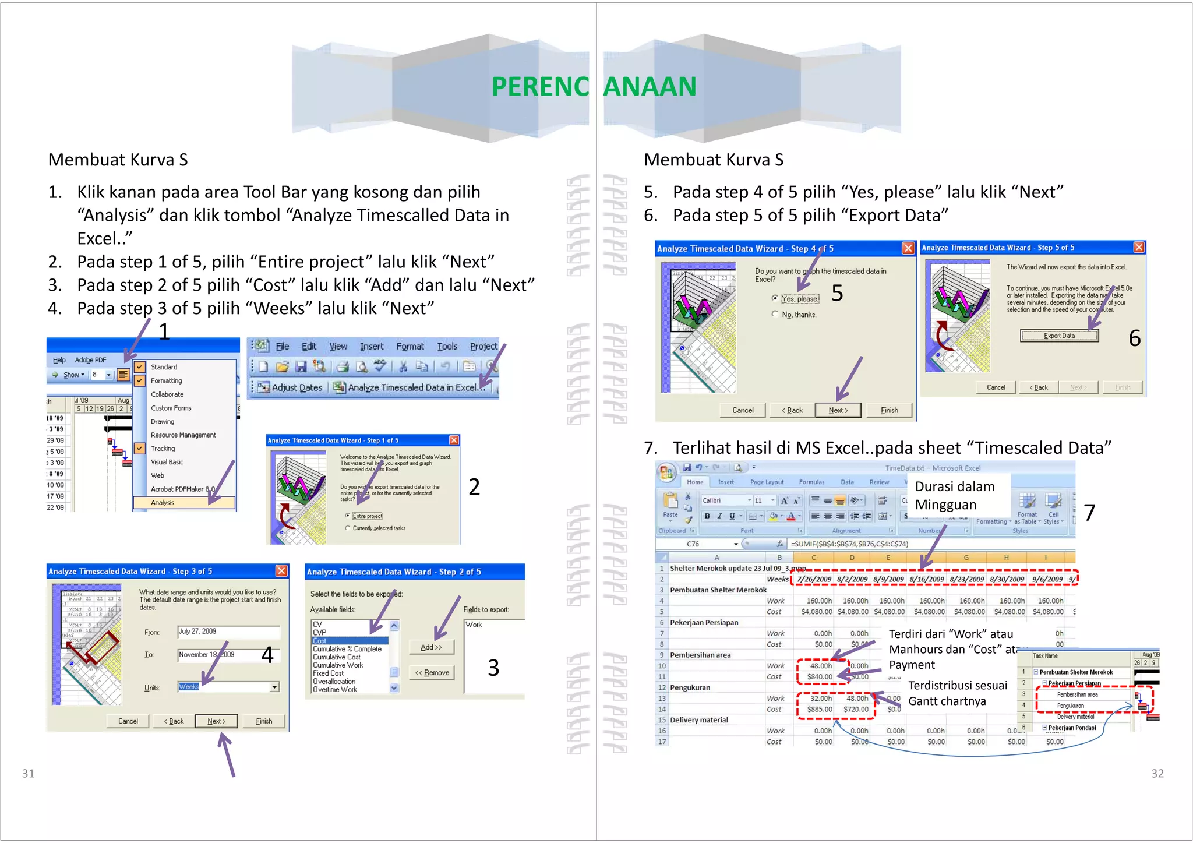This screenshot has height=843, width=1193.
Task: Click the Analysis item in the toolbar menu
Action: [x=163, y=503]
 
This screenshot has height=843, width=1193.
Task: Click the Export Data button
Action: [x=1059, y=336]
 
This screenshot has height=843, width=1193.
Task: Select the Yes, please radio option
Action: [x=775, y=298]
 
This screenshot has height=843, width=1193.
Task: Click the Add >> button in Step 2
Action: [x=431, y=647]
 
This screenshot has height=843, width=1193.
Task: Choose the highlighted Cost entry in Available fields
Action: [x=350, y=641]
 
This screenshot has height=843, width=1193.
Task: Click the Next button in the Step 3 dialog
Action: [x=216, y=721]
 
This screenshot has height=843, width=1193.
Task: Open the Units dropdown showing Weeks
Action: [x=274, y=687]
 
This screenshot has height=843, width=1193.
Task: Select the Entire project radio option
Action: [x=348, y=516]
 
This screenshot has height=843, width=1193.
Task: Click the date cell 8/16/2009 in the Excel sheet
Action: [x=926, y=579]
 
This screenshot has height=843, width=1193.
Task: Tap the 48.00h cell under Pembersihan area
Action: [x=821, y=666]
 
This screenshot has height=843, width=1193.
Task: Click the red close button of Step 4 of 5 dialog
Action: [x=908, y=248]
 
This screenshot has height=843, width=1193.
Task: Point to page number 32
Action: [x=1157, y=774]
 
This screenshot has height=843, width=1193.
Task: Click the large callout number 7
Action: [x=1089, y=513]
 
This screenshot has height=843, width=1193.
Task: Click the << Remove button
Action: [x=432, y=673]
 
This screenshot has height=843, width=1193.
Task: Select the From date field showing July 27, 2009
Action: [x=228, y=632]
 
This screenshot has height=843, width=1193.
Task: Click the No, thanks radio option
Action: [x=775, y=314]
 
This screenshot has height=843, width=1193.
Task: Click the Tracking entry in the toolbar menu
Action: [x=163, y=449]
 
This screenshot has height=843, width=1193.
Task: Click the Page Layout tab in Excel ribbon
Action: [x=767, y=482]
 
